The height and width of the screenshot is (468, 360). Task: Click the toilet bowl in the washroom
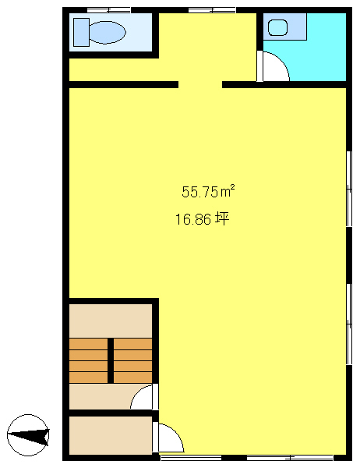coord(108,32)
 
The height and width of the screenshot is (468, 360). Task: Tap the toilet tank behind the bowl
coord(81,32)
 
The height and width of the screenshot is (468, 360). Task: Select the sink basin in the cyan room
coord(277,27)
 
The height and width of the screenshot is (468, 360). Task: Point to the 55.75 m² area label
coord(208,191)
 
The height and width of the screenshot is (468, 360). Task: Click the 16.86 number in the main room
coord(193,220)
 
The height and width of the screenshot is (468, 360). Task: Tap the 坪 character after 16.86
coord(222,218)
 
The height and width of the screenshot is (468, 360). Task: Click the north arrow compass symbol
coord(28,435)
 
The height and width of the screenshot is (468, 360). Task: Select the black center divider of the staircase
coord(111,360)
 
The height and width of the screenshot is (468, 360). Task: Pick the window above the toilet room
coord(108,10)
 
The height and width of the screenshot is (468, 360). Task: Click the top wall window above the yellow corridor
coord(212,10)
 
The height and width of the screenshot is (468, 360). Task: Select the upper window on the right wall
coord(349,189)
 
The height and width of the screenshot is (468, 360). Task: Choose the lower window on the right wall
coord(349,324)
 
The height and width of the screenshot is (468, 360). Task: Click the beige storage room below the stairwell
coord(111,435)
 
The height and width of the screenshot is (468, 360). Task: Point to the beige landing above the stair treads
coord(111,321)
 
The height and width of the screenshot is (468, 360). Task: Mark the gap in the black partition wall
coord(200,84)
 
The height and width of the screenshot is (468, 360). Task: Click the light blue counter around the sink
coord(285,27)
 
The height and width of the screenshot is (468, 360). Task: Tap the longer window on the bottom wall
coord(290,457)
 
